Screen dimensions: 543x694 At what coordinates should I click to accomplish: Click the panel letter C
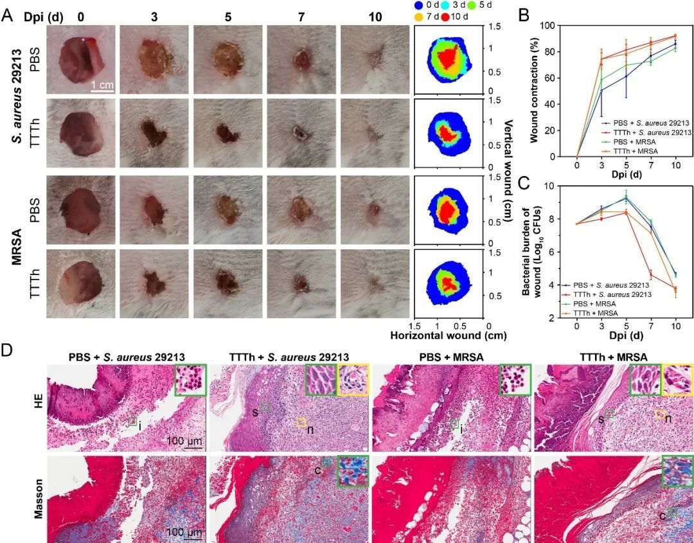click(524, 182)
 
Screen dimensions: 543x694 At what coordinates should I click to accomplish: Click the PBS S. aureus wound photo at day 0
click(81, 59)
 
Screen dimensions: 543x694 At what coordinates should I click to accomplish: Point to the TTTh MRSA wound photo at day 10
click(375, 283)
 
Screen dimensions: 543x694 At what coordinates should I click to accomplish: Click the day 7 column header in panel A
click(301, 17)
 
